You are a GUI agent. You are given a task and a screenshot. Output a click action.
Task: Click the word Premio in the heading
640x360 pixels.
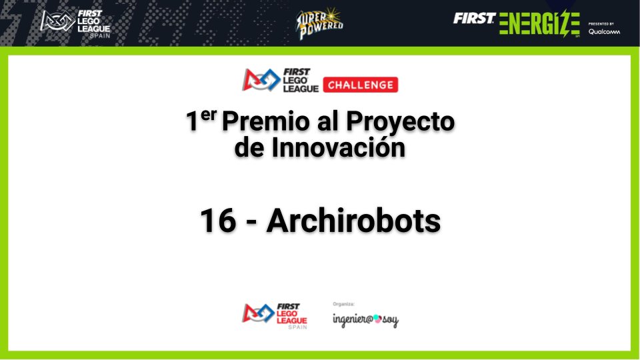click(260, 122)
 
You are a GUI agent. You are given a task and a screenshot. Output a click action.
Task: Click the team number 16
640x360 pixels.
click(218, 221)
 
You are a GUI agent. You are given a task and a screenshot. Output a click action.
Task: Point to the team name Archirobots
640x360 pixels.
click(353, 221)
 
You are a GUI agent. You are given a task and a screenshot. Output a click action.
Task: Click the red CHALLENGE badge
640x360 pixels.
click(360, 85)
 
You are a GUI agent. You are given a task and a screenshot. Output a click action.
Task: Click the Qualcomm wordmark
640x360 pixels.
click(603, 31)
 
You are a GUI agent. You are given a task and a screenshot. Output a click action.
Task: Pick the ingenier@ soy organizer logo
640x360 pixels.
click(365, 320)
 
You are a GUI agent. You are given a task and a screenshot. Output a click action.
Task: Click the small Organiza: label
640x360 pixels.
click(343, 304)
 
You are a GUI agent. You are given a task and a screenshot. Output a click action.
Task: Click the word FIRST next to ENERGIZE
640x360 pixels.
click(474, 19)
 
